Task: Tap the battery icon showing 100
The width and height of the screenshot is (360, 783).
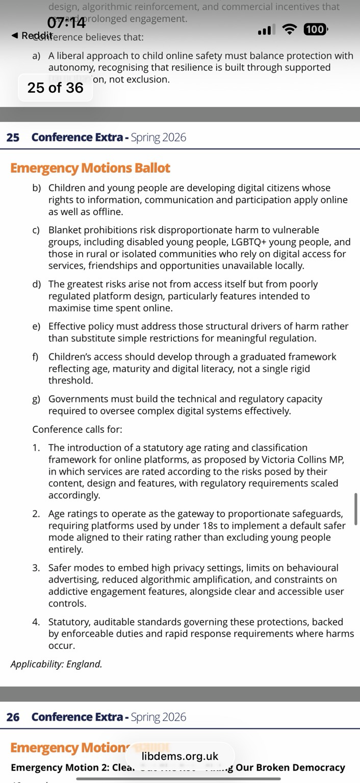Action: pos(315,30)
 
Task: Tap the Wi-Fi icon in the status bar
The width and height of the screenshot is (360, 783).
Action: pos(290,30)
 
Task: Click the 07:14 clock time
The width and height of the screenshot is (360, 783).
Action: pos(67,23)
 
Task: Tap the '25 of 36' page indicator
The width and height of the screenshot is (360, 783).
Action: pos(55,88)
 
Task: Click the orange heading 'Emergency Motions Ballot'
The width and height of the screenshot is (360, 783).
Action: pos(90,168)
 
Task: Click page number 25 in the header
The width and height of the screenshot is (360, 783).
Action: pos(13,137)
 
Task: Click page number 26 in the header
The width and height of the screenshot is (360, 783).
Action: pos(13,717)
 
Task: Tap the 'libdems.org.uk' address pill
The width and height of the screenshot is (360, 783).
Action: pos(179,756)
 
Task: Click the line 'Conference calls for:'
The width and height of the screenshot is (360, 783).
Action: pos(77,429)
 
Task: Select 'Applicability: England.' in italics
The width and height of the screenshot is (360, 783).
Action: pos(56,664)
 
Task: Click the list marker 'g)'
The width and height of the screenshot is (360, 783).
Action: pos(37,399)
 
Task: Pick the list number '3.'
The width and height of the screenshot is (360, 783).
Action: pos(36,567)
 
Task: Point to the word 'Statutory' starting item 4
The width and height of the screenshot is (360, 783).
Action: pos(68,622)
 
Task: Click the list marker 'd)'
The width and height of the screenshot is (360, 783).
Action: pos(37,284)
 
